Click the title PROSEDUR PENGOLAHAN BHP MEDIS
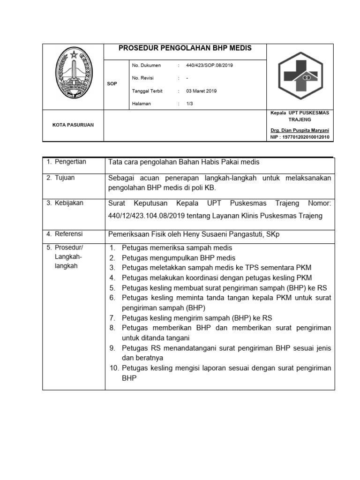185,48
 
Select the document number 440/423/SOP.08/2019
210,66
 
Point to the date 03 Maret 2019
202,91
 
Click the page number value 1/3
190,104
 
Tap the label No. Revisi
143,78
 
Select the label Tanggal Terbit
147,91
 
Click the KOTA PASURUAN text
73,125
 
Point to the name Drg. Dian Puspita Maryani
300,130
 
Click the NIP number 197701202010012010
300,137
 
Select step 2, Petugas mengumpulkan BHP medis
178,258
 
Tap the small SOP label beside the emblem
112,83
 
